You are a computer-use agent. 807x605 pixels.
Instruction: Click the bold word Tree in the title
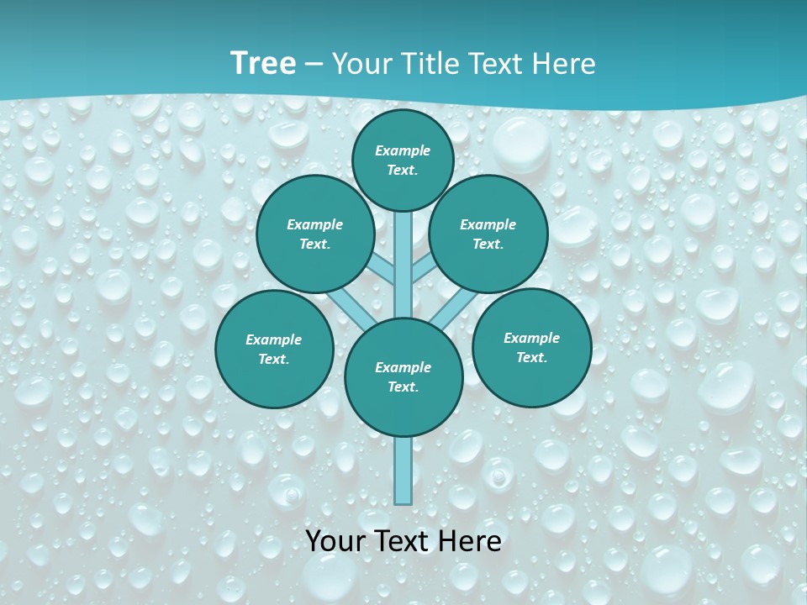263,64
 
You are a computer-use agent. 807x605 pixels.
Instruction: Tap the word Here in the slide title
563,64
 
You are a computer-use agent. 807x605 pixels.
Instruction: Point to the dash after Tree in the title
313,65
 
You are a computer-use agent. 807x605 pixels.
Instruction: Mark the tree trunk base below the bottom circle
403,471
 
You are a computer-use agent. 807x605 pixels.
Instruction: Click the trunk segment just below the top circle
403,252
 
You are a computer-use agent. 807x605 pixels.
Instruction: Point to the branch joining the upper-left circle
380,268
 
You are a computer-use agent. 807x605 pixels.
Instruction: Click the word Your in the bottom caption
335,541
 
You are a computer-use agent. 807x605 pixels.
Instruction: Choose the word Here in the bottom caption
472,541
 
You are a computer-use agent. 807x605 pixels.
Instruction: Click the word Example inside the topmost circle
403,151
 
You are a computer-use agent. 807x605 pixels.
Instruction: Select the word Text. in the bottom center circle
403,387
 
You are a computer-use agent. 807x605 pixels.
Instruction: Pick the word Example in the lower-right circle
531,338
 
